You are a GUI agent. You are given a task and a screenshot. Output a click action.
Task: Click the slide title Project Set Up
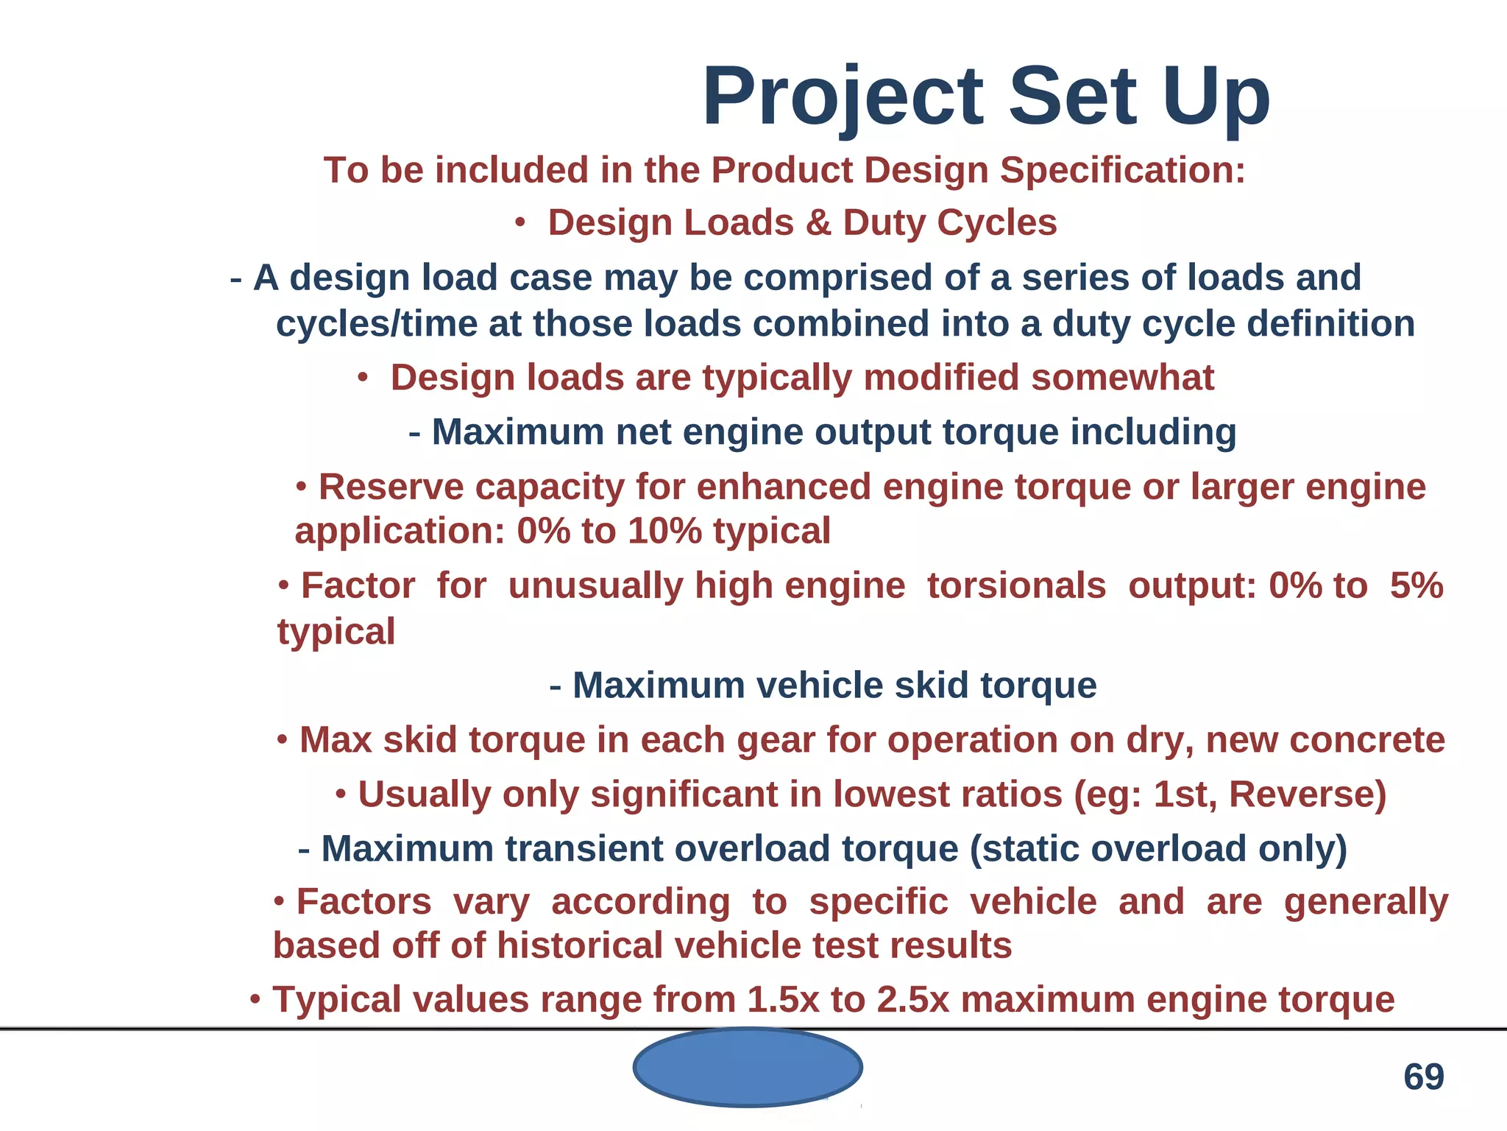point(986,97)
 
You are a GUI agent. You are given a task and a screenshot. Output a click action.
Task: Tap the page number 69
point(1423,1077)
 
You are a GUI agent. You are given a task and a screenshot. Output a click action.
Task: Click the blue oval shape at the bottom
point(747,1067)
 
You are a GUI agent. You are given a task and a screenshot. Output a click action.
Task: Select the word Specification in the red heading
point(1122,171)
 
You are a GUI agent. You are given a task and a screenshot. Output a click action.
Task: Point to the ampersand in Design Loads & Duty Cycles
point(818,223)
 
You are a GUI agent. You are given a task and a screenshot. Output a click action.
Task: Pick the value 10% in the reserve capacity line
point(664,531)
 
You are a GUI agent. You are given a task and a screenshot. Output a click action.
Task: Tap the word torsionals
point(1016,586)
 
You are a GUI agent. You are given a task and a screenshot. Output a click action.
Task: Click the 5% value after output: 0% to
point(1416,586)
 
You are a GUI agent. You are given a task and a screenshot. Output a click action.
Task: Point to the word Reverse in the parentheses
point(1301,795)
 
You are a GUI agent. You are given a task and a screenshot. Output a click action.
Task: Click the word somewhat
point(1121,378)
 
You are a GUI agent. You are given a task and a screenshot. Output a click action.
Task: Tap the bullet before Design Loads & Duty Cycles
point(520,223)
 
